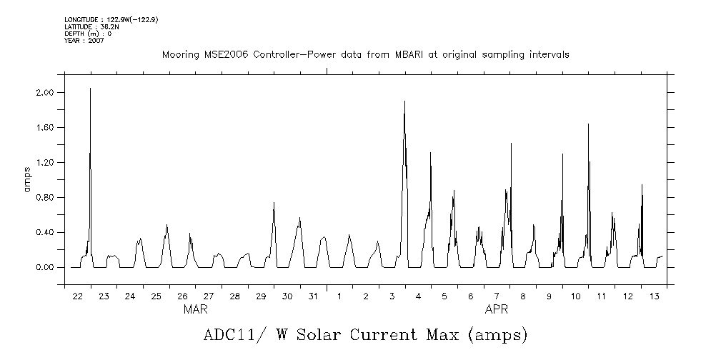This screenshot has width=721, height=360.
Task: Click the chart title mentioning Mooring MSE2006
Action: (x=365, y=54)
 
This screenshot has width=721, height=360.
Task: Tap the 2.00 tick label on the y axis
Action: (x=45, y=93)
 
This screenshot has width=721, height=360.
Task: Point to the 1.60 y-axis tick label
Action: (x=45, y=128)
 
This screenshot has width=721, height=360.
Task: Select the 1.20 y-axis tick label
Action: (x=45, y=163)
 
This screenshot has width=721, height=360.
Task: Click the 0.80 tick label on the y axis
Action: (x=45, y=198)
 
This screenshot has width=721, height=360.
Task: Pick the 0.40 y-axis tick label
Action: (x=45, y=233)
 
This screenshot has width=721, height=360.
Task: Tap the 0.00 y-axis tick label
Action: (x=45, y=268)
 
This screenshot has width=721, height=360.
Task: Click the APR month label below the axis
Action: (x=497, y=310)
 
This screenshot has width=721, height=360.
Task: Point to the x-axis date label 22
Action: (x=77, y=296)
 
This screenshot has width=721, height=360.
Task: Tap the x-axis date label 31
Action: (x=313, y=296)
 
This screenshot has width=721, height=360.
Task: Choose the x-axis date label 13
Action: (x=654, y=296)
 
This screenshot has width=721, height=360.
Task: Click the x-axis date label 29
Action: (x=261, y=296)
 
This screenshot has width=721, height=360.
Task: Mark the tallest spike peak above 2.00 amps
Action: (x=90, y=88)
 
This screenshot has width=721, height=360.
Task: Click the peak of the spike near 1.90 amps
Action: (x=404, y=101)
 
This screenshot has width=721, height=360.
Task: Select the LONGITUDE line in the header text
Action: (x=111, y=19)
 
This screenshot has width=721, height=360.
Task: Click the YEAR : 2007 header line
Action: (x=84, y=40)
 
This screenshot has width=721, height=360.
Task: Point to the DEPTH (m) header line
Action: (x=88, y=33)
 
